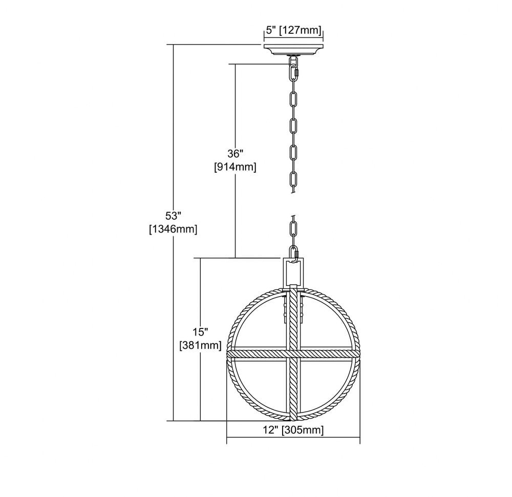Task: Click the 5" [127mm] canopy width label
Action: [x=293, y=30]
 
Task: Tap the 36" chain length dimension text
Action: [x=236, y=153]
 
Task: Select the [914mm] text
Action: [x=236, y=167]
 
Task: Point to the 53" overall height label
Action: [x=173, y=216]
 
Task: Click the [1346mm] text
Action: [x=173, y=229]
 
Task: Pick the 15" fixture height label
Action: [x=201, y=332]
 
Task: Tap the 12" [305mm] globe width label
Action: [x=293, y=430]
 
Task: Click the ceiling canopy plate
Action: [x=293, y=50]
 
